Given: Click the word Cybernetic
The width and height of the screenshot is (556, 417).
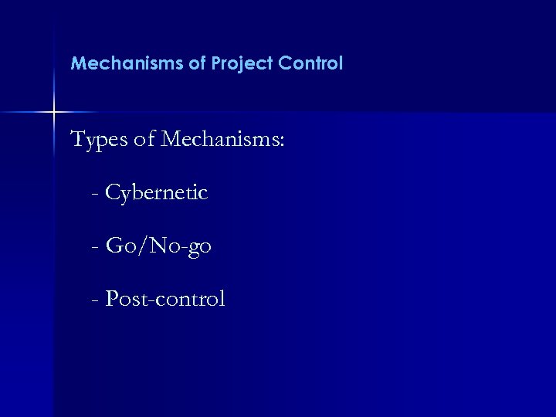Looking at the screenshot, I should click(x=157, y=193).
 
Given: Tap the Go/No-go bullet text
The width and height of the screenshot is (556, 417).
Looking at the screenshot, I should click(x=158, y=247).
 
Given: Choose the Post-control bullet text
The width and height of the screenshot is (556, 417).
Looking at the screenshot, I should click(x=165, y=299).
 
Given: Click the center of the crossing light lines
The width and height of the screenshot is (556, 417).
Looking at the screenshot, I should click(x=54, y=113).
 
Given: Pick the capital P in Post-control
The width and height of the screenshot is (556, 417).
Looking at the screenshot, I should click(x=111, y=298).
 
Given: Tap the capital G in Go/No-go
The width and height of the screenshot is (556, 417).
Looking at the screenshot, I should click(x=114, y=246).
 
